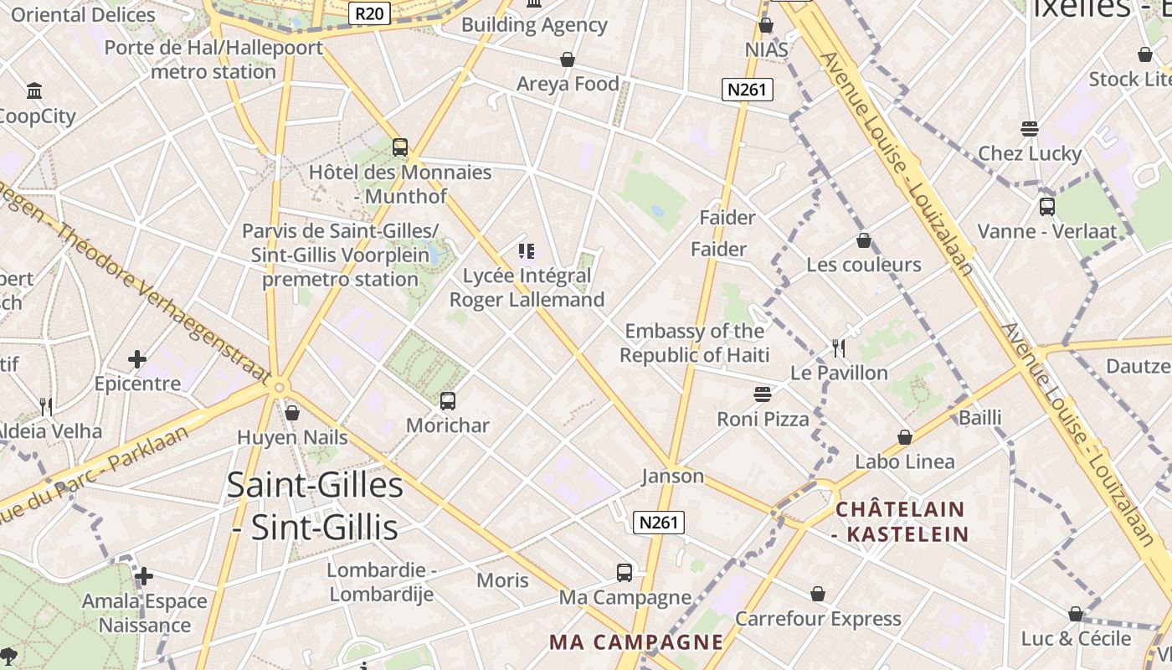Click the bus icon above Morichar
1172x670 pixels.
pyautogui.click(x=448, y=401)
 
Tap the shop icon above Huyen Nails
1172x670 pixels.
pyautogui.click(x=292, y=413)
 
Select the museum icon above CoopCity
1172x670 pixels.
pyautogui.click(x=34, y=90)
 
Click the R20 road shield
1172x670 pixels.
pyautogui.click(x=369, y=13)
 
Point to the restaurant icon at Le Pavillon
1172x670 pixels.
pyautogui.click(x=839, y=348)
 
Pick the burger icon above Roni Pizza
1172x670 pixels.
pyautogui.click(x=763, y=394)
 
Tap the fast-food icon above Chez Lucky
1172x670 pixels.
pyautogui.click(x=1030, y=129)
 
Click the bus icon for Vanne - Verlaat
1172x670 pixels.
pyautogui.click(x=1046, y=206)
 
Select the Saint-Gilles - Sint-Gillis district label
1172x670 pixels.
pyautogui.click(x=315, y=507)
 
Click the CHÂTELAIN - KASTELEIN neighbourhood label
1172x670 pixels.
pyautogui.click(x=901, y=521)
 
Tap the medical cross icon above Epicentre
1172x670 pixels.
pyautogui.click(x=137, y=360)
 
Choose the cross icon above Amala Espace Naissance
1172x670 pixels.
pyautogui.click(x=144, y=576)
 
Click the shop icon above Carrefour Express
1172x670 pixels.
pyautogui.click(x=818, y=594)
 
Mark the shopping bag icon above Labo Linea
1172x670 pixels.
pyautogui.click(x=905, y=437)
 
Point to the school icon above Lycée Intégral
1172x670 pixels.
pyautogui.click(x=527, y=251)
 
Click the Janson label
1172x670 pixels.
pyautogui.click(x=672, y=477)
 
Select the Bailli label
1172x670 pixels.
pyautogui.click(x=980, y=417)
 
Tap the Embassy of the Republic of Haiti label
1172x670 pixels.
pyautogui.click(x=694, y=343)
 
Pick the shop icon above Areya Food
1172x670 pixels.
pyautogui.click(x=568, y=59)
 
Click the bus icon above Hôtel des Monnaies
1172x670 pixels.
pyautogui.click(x=400, y=147)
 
